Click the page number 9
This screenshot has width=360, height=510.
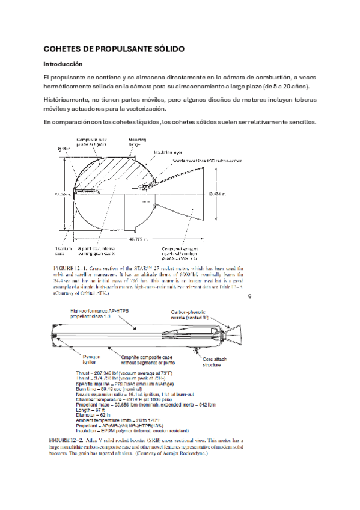pyautogui.click(x=250, y=295)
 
